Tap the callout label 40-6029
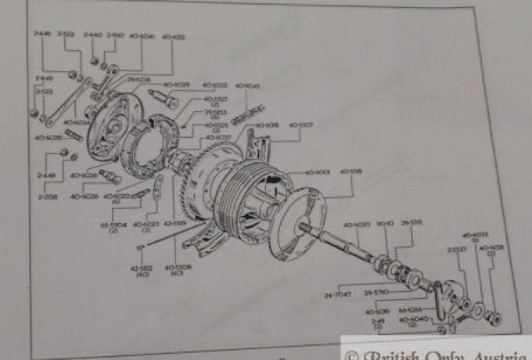[175, 85]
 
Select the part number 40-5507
[300, 124]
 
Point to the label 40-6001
[318, 171]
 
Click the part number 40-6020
[357, 225]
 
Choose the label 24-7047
[332, 296]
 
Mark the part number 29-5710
[376, 292]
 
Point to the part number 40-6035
[48, 138]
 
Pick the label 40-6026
[84, 196]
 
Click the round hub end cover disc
[298, 227]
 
